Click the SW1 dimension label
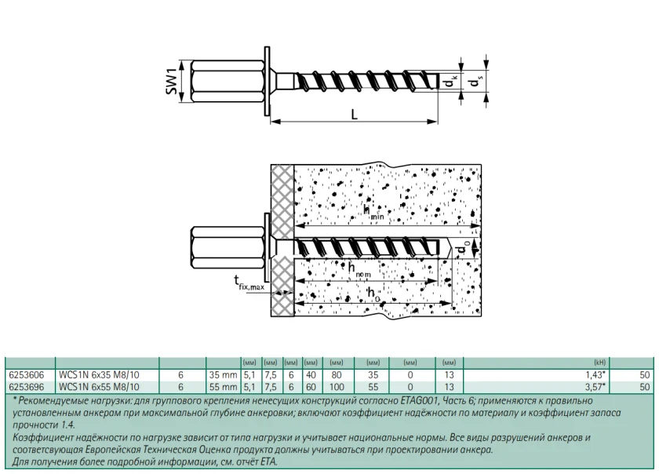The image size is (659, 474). [x=173, y=82]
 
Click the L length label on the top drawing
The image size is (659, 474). [x=355, y=114]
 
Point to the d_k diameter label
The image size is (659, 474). [x=450, y=82]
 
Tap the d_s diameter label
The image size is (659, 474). [x=475, y=81]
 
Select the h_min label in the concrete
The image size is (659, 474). [x=373, y=213]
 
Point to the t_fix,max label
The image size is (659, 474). [x=249, y=283]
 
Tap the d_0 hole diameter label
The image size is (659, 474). [x=463, y=248]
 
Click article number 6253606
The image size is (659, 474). [x=27, y=375]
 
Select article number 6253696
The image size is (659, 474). [x=27, y=387]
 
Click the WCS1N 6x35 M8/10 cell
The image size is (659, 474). [x=99, y=375]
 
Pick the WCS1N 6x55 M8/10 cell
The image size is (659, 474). [x=99, y=387]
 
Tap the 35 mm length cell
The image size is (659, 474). [x=223, y=375]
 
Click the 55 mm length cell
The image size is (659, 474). [x=223, y=387]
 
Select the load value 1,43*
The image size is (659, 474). [x=595, y=375]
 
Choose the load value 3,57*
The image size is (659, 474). [x=595, y=387]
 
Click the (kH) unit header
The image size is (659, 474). [x=599, y=363]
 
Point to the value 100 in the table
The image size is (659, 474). [x=337, y=387]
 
